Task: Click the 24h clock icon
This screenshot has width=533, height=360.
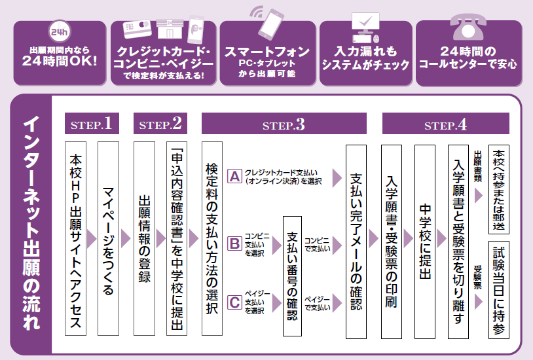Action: coord(58,29)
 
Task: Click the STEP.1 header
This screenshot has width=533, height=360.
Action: coord(92,124)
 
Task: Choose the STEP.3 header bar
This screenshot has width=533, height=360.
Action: coord(284,124)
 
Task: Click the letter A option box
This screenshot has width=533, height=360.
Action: coord(234,175)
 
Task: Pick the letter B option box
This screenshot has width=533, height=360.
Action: coord(234,243)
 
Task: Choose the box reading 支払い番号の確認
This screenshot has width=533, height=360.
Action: coord(293,276)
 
